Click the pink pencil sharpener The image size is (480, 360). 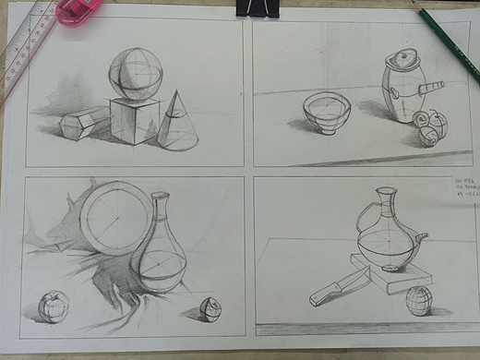click(x=78, y=10)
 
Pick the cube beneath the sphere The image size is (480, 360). click(x=135, y=120)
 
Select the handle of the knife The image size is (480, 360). click(x=324, y=294)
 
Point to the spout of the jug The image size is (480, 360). click(x=422, y=238)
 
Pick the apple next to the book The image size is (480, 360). click(x=417, y=300)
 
